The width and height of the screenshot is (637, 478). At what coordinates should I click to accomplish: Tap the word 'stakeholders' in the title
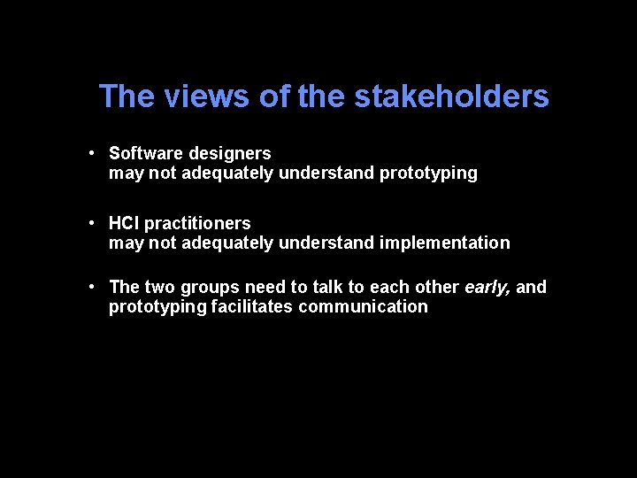[451, 96]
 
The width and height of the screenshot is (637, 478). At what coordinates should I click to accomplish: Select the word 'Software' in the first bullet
[144, 153]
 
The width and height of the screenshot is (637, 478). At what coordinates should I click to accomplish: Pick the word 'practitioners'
[197, 223]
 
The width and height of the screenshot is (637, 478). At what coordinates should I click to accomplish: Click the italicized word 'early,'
[487, 287]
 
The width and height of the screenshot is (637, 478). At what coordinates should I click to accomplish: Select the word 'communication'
[363, 306]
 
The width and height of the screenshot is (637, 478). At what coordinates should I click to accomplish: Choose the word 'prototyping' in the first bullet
[428, 173]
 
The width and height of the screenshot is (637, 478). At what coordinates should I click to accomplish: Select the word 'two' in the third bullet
[159, 287]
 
